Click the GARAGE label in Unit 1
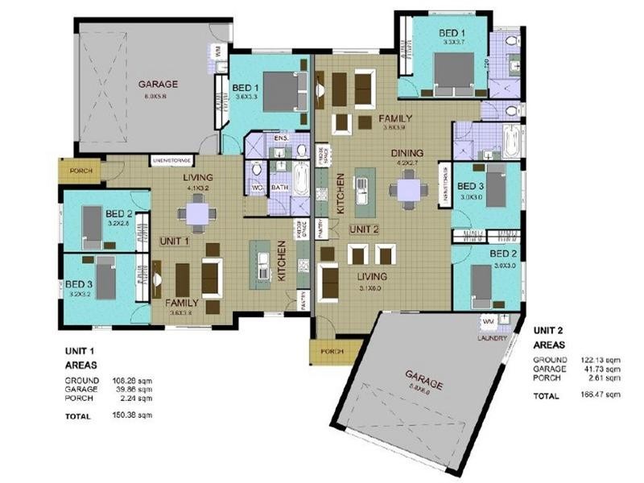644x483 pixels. [x=157, y=84]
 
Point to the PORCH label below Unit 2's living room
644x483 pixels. [x=331, y=351]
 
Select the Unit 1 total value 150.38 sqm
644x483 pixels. [x=130, y=415]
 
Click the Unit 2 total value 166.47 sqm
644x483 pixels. [x=601, y=395]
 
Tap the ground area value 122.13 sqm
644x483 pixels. [x=601, y=359]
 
